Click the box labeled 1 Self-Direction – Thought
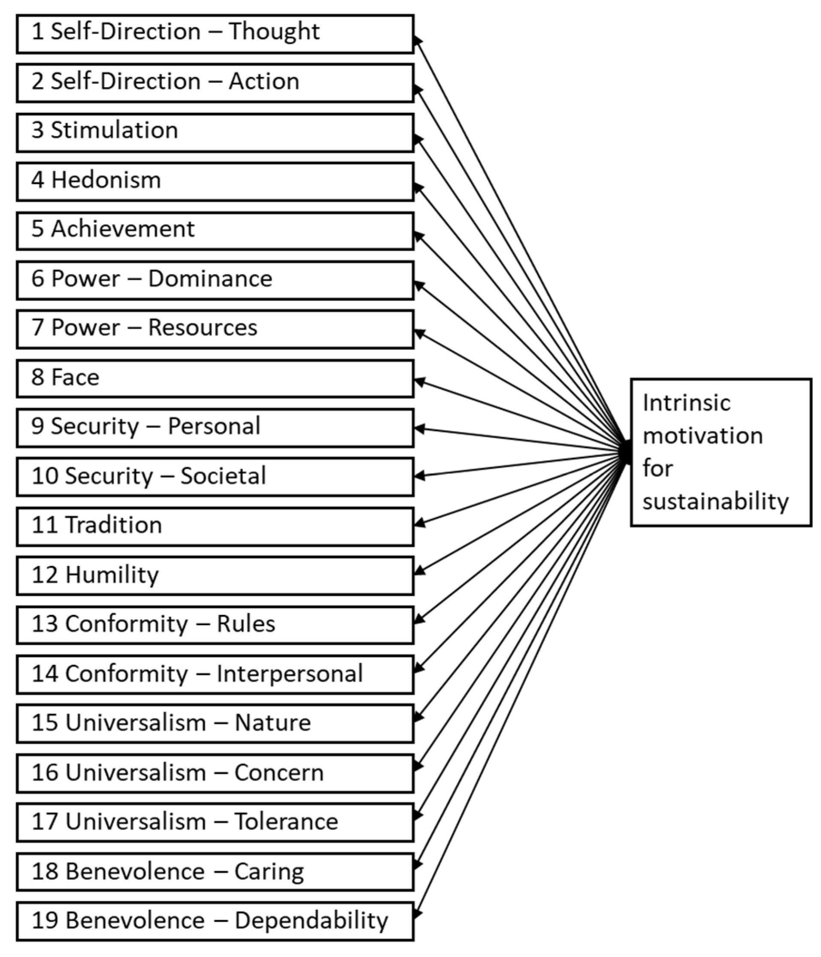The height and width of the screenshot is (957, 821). coord(215,34)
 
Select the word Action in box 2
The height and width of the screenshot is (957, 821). coord(264,81)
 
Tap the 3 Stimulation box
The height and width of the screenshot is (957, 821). coord(215,133)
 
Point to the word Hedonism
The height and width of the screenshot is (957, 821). coord(106,180)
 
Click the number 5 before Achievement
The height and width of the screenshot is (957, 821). coord(37,229)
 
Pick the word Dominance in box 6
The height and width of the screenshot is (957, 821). coord(210,279)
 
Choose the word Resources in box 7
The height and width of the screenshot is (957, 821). coord(203,328)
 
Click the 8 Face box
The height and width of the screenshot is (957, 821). coord(215,379)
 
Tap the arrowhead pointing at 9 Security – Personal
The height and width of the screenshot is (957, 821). coord(418,428)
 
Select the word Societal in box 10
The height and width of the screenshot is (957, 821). coord(223,476)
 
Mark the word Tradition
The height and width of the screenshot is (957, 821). coord(114,525)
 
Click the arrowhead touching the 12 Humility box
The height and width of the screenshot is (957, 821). coord(418,572)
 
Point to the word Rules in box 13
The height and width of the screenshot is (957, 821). coord(246,624)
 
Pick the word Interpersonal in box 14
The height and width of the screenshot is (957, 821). coord(289,674)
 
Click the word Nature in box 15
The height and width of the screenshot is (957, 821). coord(273,723)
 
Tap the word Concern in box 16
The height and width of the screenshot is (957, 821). coord(279,773)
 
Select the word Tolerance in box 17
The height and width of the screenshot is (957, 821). coord(286,822)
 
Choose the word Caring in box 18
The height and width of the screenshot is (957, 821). coord(269,872)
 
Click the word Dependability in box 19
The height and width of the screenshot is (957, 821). coord(311,921)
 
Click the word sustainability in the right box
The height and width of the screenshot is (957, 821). coord(715,502)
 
